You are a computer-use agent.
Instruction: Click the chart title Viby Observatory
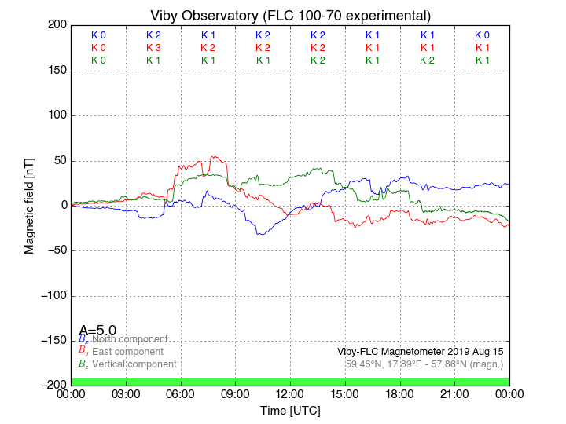pos(290,15)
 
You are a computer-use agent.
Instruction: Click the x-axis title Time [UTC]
pos(290,410)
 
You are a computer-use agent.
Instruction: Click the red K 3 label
pos(153,48)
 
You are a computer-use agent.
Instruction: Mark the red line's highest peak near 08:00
pos(213,156)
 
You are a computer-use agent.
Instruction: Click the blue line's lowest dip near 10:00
pos(259,235)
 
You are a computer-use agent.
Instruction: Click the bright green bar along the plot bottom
pos(290,382)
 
